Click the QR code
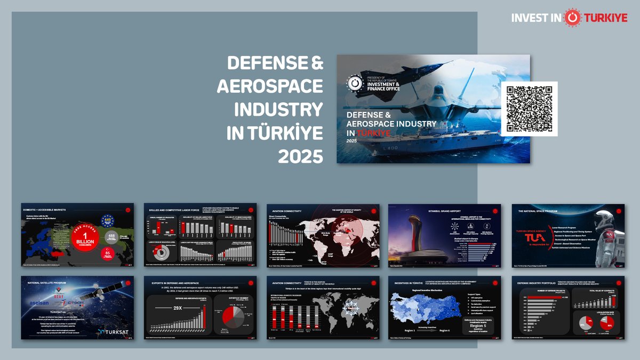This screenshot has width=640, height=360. pyautogui.click(x=529, y=109)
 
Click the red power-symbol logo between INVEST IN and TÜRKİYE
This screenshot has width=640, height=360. pyautogui.click(x=571, y=17)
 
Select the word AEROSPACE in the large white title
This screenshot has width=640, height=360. pyautogui.click(x=270, y=86)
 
